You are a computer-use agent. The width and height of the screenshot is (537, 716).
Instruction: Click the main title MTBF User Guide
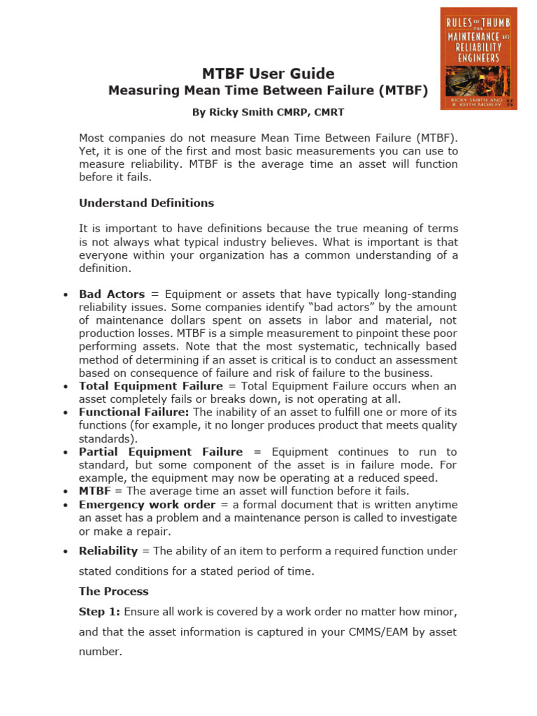tap(268, 73)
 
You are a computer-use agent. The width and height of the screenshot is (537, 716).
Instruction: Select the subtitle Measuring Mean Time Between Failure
tap(268, 91)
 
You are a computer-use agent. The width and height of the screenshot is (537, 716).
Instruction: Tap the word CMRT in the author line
tap(328, 112)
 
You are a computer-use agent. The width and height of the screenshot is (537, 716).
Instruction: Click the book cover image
tap(478, 58)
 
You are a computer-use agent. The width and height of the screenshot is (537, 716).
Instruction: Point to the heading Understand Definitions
tap(146, 203)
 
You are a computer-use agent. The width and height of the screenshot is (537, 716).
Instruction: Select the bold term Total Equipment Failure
tap(150, 386)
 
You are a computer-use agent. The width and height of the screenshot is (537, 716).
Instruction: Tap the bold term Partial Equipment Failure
tap(161, 452)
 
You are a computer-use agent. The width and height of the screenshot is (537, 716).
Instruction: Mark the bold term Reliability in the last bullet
tap(108, 551)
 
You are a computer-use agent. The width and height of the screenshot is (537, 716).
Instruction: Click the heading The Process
tap(113, 592)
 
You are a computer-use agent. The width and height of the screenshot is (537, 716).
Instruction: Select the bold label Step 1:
tap(99, 612)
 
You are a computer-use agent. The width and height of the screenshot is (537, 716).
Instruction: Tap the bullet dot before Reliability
tap(66, 552)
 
